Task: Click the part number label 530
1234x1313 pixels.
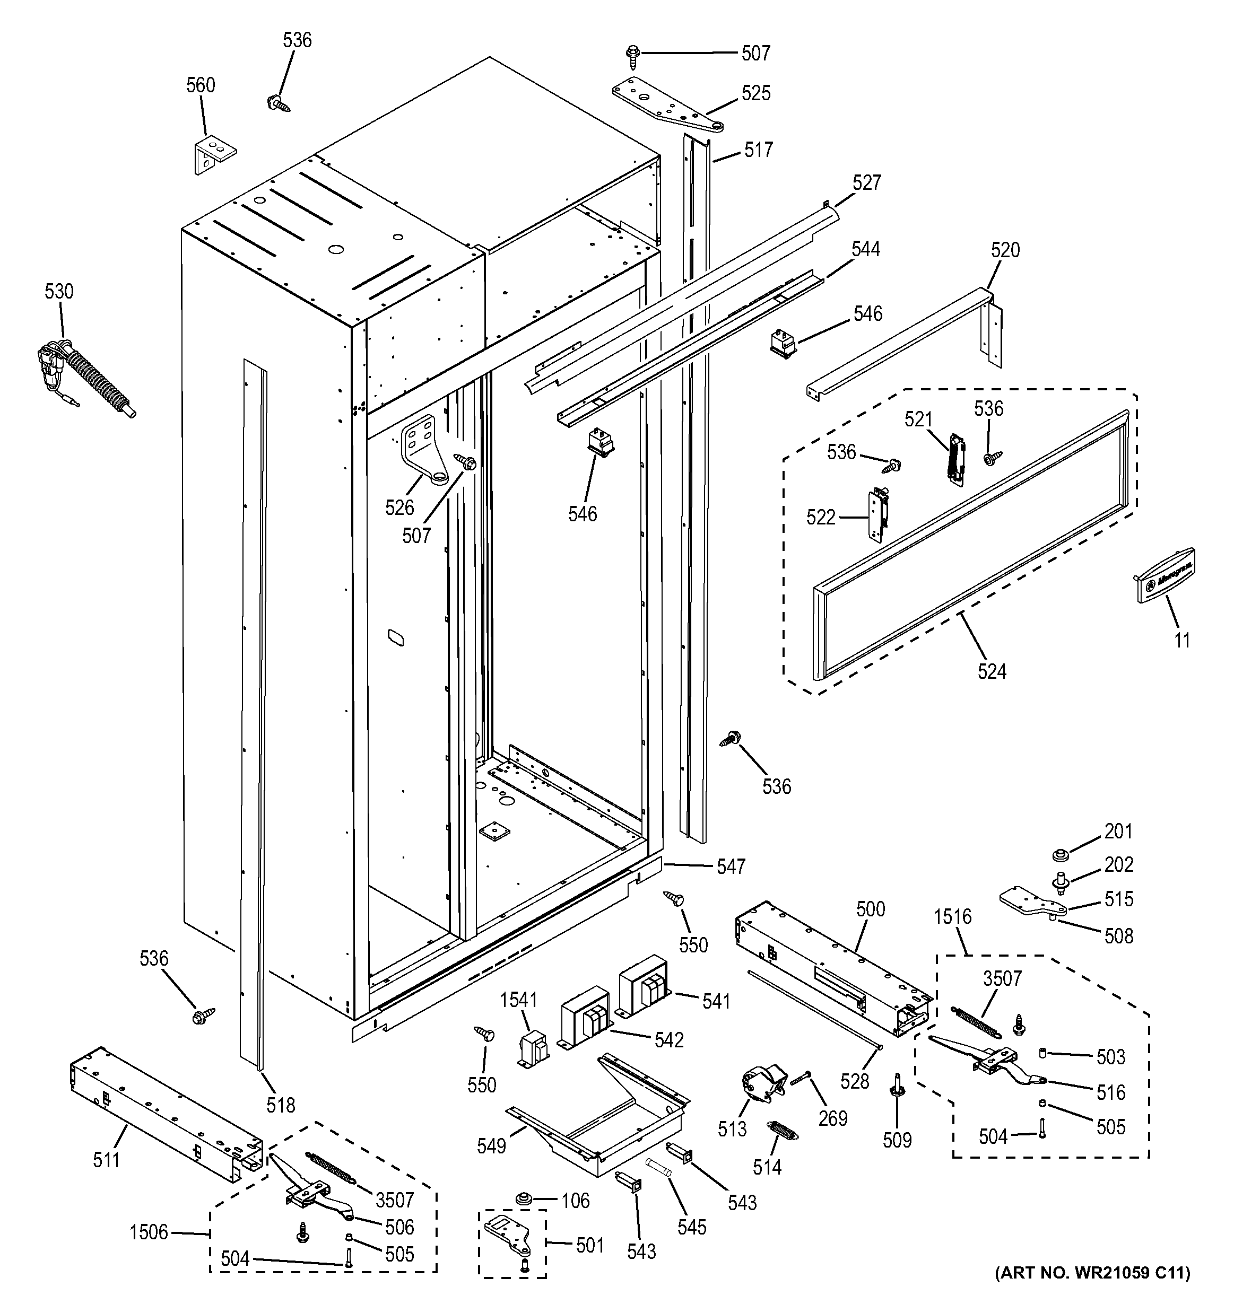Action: click(59, 291)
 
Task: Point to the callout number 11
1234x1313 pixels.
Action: click(1182, 640)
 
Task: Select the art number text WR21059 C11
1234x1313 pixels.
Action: click(1093, 1291)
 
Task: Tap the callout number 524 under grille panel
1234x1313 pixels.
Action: click(992, 672)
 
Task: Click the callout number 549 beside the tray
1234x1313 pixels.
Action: click(491, 1146)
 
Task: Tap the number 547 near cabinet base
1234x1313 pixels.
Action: click(731, 866)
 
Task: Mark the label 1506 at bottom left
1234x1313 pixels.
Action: click(149, 1232)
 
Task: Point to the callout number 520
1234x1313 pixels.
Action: click(1005, 250)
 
